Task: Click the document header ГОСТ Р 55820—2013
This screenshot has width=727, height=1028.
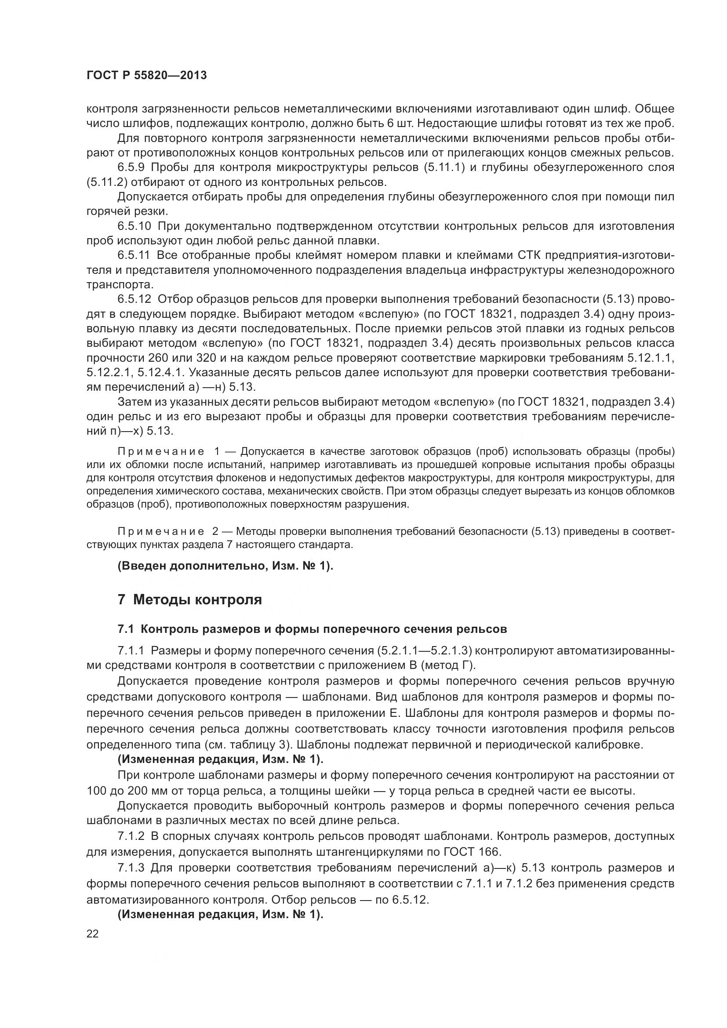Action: tap(146, 75)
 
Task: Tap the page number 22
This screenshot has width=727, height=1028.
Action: tap(93, 934)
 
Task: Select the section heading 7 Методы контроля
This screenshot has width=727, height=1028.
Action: tap(189, 599)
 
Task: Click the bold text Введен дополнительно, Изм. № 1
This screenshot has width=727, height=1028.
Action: tap(225, 566)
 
